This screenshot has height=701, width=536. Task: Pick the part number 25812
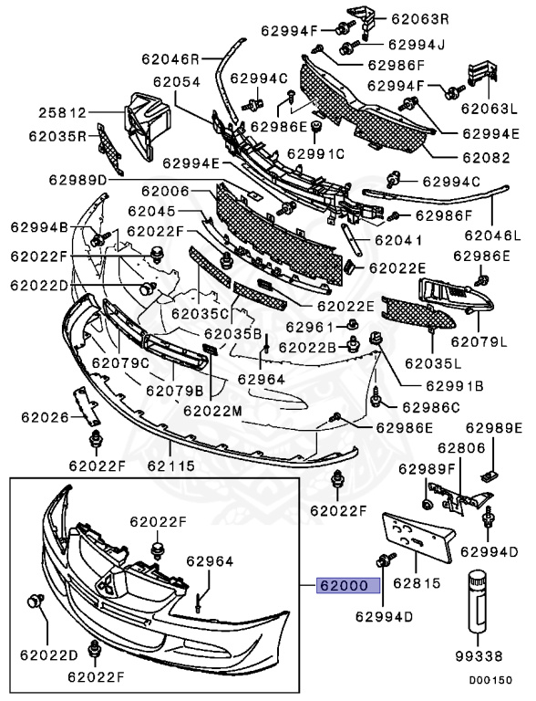(62, 113)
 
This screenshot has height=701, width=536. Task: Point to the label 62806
(461, 447)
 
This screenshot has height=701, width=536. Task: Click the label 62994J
(416, 43)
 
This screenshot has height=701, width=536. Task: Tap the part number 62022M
(212, 411)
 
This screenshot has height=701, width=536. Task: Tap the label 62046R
(170, 58)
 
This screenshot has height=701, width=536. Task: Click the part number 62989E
(495, 426)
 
